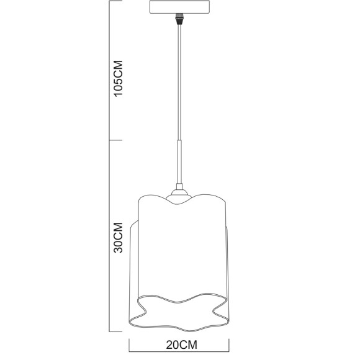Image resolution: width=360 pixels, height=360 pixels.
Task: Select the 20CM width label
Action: (x=180, y=343)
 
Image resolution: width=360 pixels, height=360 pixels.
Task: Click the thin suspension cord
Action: (x=179, y=81)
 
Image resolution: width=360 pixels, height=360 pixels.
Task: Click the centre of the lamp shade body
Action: (x=179, y=254)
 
